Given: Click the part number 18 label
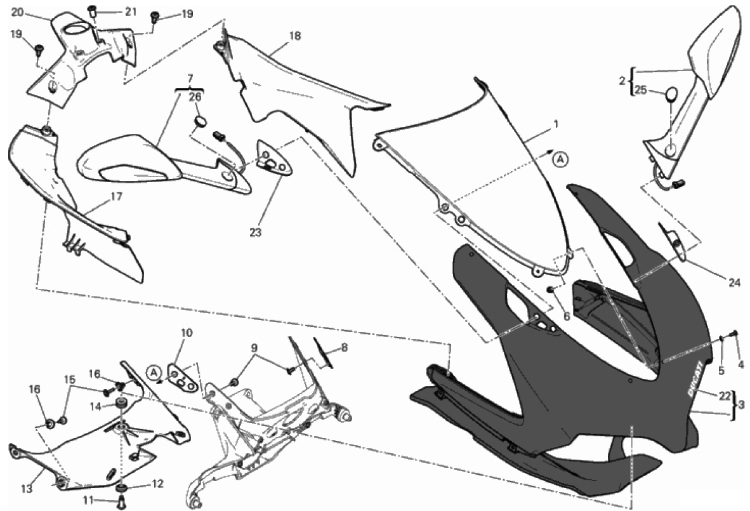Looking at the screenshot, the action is tap(295, 36).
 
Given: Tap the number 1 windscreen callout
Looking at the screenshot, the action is tap(555, 125).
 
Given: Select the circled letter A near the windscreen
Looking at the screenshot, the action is tap(561, 159).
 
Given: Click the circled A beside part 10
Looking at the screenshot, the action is tap(153, 371).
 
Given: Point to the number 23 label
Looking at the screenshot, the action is tap(256, 232).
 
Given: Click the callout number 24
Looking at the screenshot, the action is tap(734, 283).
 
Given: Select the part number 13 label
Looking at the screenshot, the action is tap(27, 489).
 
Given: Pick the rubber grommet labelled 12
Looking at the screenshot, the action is tap(122, 488).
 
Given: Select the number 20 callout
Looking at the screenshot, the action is tap(18, 12).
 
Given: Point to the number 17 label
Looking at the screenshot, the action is tap(115, 196).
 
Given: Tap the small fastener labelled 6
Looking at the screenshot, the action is tap(551, 289).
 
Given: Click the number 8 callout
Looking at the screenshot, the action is tap(345, 348).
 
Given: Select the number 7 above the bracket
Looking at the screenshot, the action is tap(190, 77).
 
